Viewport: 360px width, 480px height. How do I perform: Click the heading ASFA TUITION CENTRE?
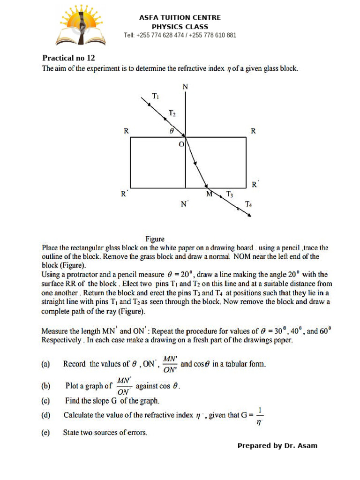(x=180, y=17)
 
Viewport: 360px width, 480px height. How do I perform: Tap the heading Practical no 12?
(x=68, y=58)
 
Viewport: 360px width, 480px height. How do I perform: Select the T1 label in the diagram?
(x=156, y=96)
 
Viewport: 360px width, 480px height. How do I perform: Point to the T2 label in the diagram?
(x=172, y=113)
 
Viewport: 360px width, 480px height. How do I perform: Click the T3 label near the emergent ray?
(x=229, y=194)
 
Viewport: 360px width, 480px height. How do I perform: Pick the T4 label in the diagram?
(x=248, y=204)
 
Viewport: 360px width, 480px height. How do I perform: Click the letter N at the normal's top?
(x=186, y=87)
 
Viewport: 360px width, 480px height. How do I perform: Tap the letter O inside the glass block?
(x=181, y=145)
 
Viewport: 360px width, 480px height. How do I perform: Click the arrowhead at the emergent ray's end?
(x=249, y=215)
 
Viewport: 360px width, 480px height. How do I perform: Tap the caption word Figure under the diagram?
(x=155, y=239)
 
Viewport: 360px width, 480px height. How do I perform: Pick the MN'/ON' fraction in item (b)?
(x=124, y=386)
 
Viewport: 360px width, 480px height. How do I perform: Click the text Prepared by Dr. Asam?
(x=277, y=445)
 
